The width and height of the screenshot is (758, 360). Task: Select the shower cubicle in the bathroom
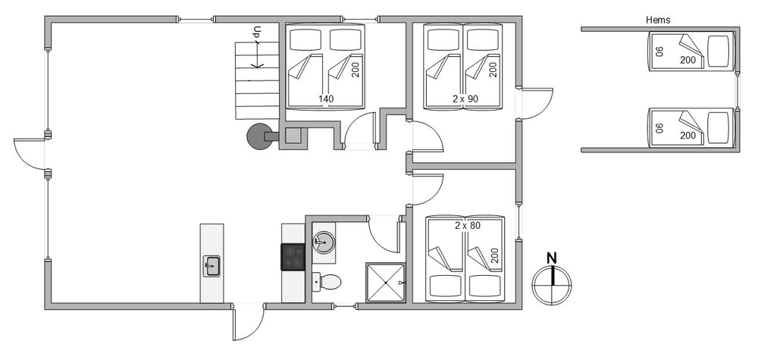click(385, 283)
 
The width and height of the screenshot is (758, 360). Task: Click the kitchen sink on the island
click(211, 266)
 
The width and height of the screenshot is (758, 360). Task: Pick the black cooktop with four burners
click(293, 257)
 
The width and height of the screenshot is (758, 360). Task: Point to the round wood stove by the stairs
click(259, 136)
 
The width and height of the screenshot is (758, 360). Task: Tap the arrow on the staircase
click(257, 54)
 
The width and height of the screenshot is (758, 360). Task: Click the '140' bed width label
click(326, 99)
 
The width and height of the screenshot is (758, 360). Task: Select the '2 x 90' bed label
click(465, 99)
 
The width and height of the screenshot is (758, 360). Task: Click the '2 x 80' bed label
click(468, 225)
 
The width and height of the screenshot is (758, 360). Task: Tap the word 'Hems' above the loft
click(658, 20)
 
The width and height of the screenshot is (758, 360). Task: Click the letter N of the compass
click(551, 258)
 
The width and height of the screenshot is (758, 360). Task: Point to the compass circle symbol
click(552, 285)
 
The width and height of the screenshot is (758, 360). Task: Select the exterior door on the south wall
click(248, 322)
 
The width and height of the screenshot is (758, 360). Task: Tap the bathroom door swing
click(384, 234)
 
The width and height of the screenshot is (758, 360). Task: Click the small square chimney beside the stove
click(293, 136)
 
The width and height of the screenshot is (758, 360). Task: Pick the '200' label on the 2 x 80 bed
click(495, 255)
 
